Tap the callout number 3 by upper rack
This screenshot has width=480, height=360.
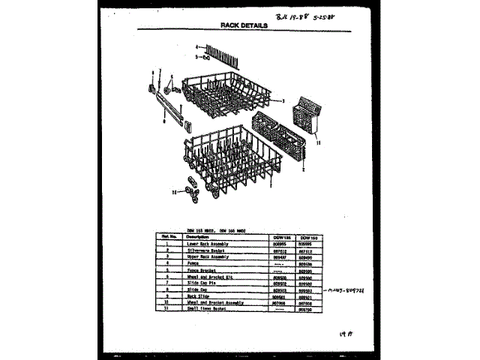(x=283, y=100)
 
